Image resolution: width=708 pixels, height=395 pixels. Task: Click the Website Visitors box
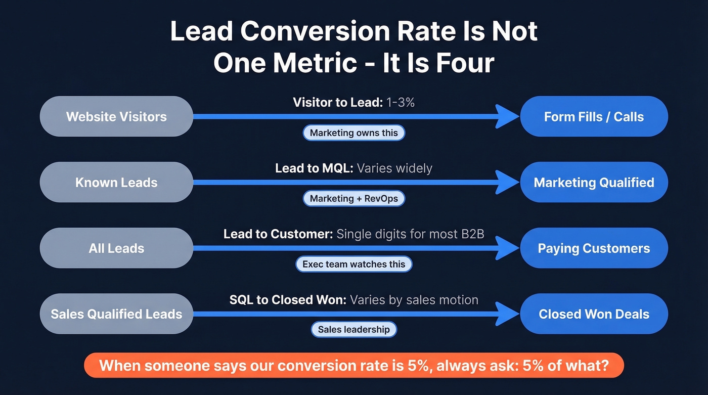[116, 116]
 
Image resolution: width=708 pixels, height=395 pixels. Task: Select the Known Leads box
[116, 182]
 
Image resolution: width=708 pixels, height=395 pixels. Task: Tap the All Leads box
[116, 248]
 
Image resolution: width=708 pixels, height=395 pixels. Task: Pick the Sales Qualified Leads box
[116, 314]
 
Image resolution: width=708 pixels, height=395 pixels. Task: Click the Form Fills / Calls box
[594, 116]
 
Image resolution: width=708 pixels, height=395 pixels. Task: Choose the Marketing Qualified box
[594, 182]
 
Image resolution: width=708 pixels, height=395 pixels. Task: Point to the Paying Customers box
[594, 248]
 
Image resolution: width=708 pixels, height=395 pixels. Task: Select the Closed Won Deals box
[594, 314]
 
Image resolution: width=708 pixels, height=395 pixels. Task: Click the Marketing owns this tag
[354, 133]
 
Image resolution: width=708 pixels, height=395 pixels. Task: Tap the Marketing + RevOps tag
[354, 198]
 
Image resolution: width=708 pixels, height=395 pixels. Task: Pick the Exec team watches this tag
[354, 264]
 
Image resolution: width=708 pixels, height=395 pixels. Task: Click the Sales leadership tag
[354, 330]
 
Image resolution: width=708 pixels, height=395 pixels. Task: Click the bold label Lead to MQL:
[314, 168]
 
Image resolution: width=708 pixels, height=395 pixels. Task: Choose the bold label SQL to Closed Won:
[288, 299]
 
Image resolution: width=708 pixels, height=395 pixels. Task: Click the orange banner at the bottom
[354, 365]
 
